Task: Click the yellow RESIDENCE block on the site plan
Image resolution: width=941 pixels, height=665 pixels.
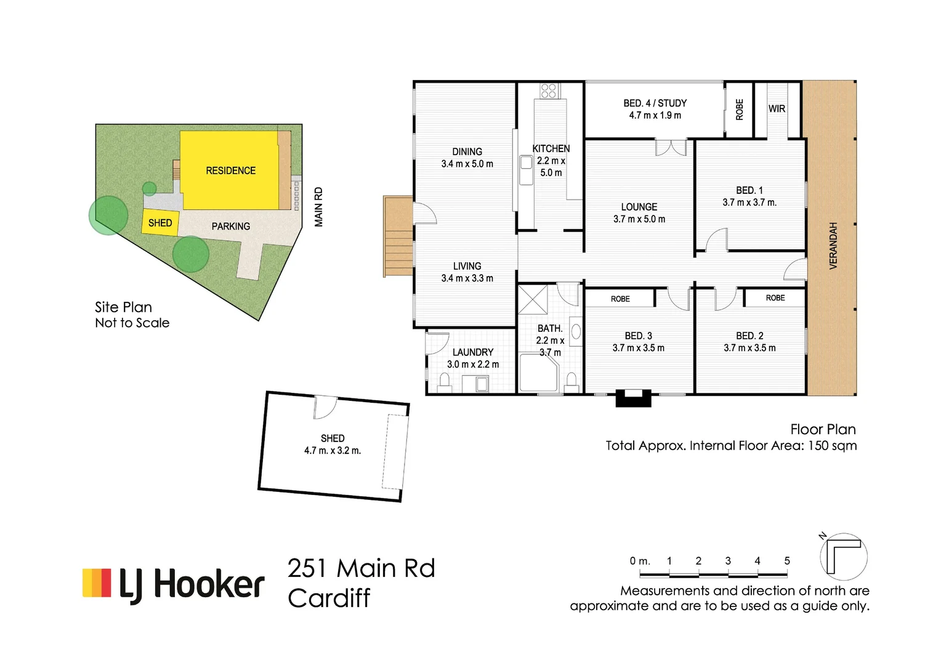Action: [229, 171]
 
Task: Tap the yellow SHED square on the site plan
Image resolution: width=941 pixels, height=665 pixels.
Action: [160, 223]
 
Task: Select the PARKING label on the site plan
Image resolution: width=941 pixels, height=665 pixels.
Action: [231, 227]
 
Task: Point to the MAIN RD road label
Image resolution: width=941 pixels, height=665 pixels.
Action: [318, 207]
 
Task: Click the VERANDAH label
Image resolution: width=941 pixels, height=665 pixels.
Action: [833, 245]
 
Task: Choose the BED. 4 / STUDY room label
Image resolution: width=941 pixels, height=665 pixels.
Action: [655, 103]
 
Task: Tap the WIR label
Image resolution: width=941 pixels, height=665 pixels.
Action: [777, 109]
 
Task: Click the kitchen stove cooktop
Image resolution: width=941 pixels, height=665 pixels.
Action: [549, 91]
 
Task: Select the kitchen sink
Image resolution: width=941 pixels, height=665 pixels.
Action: [527, 170]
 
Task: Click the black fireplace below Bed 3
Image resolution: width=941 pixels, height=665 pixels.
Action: [634, 398]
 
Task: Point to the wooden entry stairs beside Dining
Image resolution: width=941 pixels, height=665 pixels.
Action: [398, 236]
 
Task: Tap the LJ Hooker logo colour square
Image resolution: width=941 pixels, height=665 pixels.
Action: [97, 582]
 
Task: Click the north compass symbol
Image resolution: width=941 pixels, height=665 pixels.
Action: [843, 556]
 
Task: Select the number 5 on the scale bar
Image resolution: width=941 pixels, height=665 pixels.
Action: [787, 561]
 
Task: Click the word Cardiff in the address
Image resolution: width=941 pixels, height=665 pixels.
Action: [329, 598]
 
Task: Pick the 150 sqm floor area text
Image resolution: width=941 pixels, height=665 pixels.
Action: [831, 446]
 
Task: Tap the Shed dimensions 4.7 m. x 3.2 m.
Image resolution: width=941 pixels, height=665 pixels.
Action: [333, 451]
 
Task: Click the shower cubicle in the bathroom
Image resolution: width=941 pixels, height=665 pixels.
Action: [533, 300]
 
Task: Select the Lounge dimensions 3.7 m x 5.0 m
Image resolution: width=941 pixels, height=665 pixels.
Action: [639, 219]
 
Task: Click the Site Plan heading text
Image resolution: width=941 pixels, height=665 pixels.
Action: [123, 307]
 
